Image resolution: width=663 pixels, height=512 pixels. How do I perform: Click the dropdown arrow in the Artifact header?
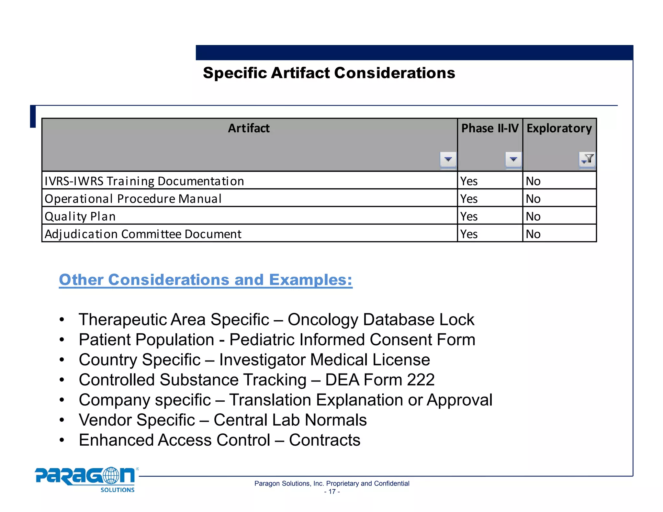click(448, 159)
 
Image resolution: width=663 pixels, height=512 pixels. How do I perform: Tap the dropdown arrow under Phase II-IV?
click(513, 159)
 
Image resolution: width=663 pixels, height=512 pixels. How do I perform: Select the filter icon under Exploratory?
click(587, 159)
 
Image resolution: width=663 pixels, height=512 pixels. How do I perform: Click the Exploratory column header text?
click(559, 128)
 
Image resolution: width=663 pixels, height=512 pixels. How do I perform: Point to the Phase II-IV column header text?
click(490, 128)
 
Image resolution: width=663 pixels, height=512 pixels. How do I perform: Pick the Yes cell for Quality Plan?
click(469, 216)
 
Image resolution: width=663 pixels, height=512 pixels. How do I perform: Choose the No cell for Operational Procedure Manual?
click(533, 199)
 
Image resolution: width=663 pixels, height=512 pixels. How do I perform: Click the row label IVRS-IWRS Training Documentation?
click(144, 181)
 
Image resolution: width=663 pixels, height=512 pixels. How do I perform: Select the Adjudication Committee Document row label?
click(143, 234)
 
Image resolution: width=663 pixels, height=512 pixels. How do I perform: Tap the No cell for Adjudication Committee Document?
click(533, 234)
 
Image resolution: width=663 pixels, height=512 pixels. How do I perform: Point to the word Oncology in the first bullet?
click(323, 319)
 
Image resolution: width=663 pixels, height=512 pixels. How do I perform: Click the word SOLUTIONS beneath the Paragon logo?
click(117, 490)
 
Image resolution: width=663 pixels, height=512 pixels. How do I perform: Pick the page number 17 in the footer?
click(332, 492)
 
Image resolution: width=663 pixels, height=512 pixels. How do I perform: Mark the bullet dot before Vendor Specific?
click(62, 420)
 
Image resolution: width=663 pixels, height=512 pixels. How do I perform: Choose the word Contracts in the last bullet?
click(324, 440)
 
